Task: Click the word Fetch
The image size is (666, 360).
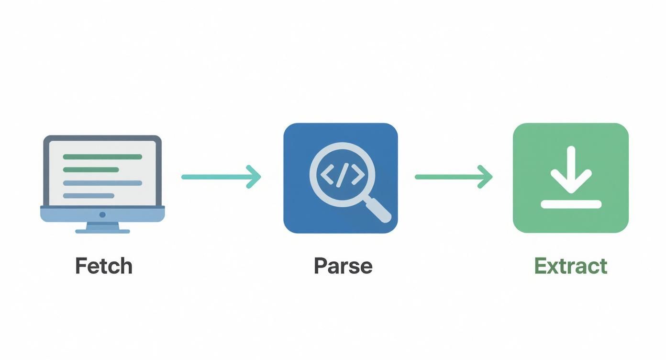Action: pos(104,266)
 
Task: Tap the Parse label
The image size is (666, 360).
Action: pos(343,266)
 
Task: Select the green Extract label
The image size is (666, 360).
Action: pos(571,266)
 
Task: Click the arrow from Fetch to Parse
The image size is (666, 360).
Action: pos(221,177)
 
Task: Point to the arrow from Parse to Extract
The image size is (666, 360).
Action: pos(454,177)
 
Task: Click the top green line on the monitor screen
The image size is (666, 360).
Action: pos(102,157)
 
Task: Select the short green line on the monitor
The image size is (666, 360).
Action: pos(91,169)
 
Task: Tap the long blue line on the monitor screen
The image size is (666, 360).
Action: pos(102,183)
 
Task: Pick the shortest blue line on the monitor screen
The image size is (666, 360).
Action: pos(89,195)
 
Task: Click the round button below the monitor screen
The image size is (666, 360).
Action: pos(102,214)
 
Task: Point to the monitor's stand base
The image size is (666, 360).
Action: pos(102,231)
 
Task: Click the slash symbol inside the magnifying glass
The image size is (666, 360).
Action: pos(342,175)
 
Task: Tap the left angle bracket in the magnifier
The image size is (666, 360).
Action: pos(327,175)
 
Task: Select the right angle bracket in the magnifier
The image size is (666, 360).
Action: pos(358,175)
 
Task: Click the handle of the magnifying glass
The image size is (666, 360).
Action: pos(377,208)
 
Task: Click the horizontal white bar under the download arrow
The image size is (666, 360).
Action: pos(571,204)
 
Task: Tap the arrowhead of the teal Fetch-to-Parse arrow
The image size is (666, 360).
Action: pos(254,177)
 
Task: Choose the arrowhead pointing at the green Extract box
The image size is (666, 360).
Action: pos(486,177)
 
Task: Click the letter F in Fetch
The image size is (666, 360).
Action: pos(81,266)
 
